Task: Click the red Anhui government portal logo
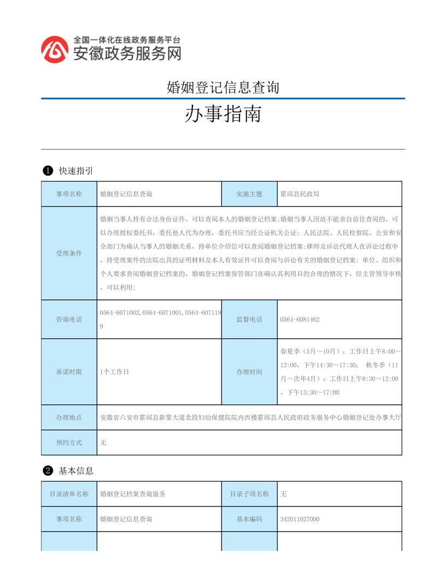[x=56, y=49]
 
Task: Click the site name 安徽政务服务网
[x=127, y=54]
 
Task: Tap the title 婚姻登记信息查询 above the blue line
[x=223, y=87]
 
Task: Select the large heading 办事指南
[x=223, y=115]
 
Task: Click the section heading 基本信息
[x=76, y=470]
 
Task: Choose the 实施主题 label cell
[x=249, y=194]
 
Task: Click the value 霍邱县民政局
[x=300, y=194]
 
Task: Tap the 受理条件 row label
[x=69, y=254]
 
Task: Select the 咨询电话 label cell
[x=69, y=319]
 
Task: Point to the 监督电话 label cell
[x=249, y=319]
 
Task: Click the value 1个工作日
[x=114, y=372]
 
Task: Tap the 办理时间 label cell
[x=249, y=372]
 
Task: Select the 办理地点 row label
[x=69, y=417]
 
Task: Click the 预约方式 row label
[x=69, y=443]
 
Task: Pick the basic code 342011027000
[x=300, y=519]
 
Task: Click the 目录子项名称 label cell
[x=249, y=494]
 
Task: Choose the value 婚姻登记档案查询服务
[x=133, y=494]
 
